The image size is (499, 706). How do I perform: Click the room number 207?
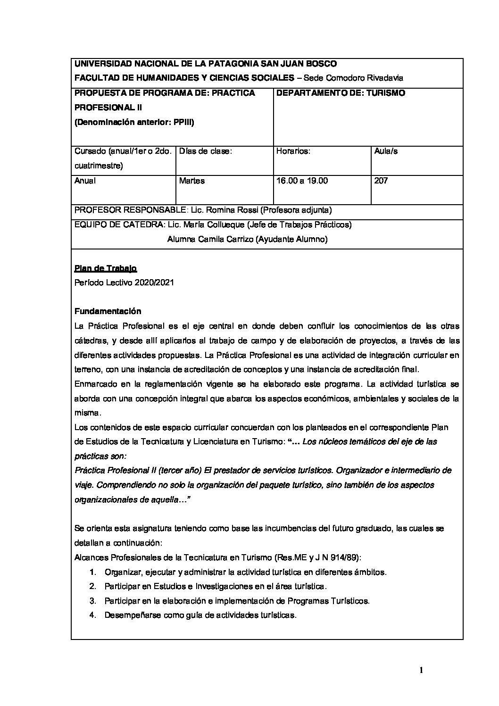[381, 181]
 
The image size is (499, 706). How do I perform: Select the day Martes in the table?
[192, 181]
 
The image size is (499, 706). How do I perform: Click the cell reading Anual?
[85, 181]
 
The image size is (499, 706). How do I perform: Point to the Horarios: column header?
[293, 151]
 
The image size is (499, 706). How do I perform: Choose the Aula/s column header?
[386, 151]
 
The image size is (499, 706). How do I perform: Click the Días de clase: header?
[207, 151]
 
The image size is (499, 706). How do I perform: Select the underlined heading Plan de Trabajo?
[106, 268]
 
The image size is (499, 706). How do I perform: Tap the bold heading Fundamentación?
[108, 311]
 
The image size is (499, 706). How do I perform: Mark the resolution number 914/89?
[345, 557]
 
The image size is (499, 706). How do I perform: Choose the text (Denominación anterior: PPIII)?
[134, 122]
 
